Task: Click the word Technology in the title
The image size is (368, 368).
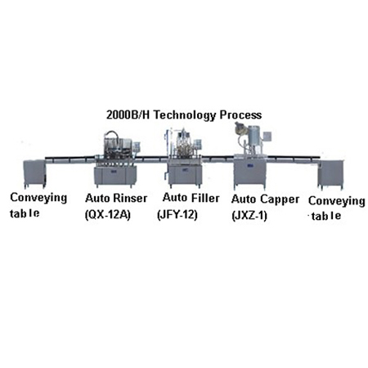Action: (185, 115)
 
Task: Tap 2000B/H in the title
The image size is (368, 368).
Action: (128, 114)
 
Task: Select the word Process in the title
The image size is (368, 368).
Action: (240, 114)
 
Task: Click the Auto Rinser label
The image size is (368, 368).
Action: (116, 198)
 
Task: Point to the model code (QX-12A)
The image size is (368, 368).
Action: (108, 215)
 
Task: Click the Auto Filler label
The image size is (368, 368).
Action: (191, 198)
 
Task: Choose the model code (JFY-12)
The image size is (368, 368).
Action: (177, 215)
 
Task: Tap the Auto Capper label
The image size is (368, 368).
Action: (265, 200)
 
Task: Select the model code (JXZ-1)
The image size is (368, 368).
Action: (249, 216)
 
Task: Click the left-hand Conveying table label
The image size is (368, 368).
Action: (38, 205)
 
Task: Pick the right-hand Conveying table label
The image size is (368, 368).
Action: (337, 209)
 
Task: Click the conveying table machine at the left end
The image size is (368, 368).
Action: (34, 174)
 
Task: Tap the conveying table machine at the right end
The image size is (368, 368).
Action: (330, 175)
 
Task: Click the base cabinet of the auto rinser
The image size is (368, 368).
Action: (115, 176)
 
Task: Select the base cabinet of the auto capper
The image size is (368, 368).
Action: (249, 173)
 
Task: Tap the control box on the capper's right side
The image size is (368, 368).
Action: (267, 137)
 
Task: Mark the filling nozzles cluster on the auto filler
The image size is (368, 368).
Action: (185, 150)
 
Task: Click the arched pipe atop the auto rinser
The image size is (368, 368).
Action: (111, 132)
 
